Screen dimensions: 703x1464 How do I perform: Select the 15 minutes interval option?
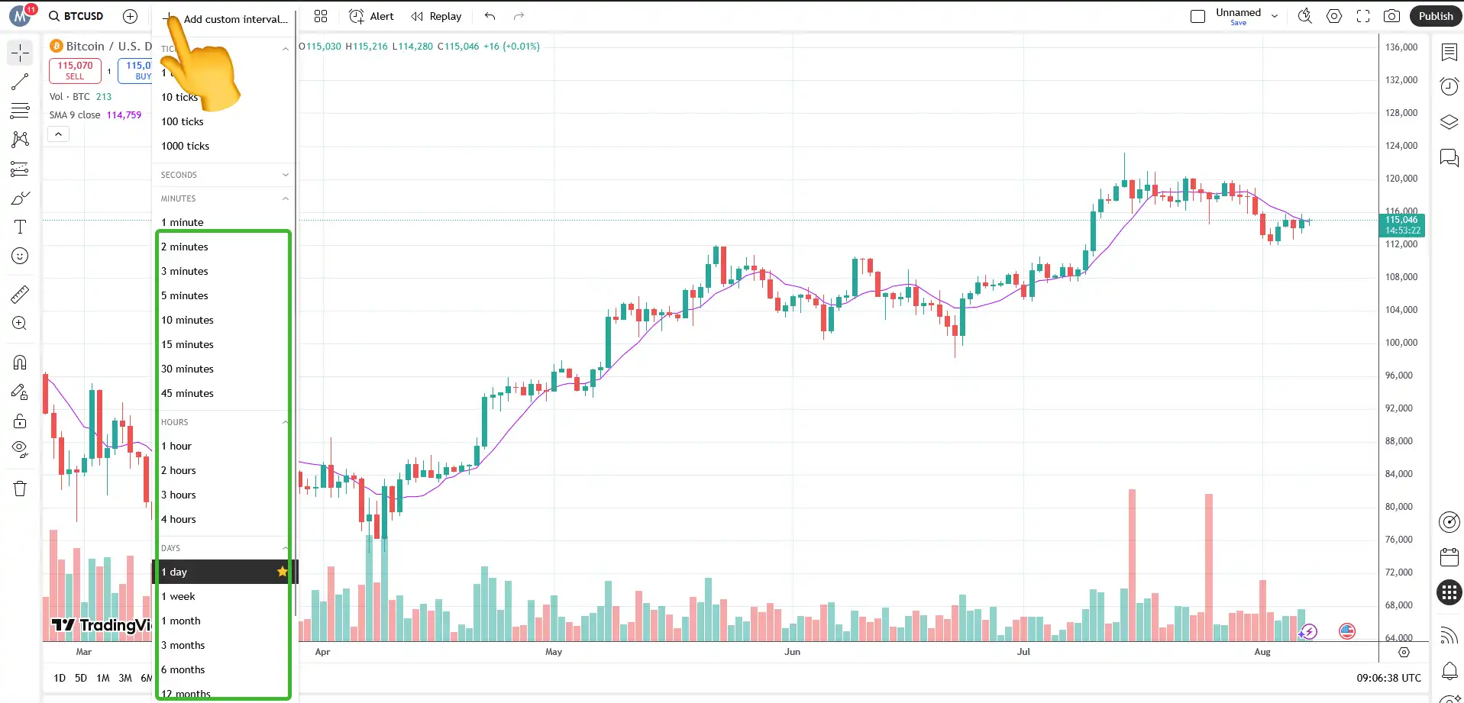tap(187, 344)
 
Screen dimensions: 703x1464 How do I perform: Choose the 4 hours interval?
tap(179, 519)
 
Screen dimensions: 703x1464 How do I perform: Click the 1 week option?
tap(178, 596)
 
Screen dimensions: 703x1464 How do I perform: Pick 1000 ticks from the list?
tap(185, 146)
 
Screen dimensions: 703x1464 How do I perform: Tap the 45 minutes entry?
tap(187, 393)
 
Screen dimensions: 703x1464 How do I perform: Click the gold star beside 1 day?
tap(283, 572)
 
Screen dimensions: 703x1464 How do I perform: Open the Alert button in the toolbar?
tap(372, 16)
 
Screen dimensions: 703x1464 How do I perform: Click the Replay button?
tap(437, 16)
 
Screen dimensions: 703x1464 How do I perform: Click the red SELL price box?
tap(75, 70)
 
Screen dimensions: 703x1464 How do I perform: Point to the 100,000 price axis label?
tap(1401, 343)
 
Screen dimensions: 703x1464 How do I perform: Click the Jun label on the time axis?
tap(792, 652)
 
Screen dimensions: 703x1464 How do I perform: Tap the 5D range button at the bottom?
tap(81, 678)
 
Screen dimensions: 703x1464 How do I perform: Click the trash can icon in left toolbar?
tap(20, 489)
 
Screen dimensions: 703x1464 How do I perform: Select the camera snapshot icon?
tap(1392, 16)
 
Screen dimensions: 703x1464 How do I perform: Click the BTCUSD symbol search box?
tap(76, 16)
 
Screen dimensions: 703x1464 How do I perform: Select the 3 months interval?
tap(183, 645)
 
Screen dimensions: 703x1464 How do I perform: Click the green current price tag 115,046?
tap(1403, 225)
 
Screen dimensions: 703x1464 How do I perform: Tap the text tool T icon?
tap(20, 227)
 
